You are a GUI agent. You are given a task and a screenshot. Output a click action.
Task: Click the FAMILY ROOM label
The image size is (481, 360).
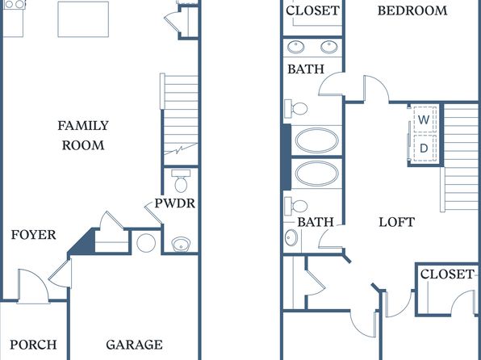coord(83,135)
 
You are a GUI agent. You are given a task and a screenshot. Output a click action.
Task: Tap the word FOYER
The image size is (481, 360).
coord(33,235)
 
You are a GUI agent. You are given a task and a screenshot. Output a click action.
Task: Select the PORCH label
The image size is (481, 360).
coord(33,345)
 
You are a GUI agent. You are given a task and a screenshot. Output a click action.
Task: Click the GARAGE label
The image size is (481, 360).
coord(134,345)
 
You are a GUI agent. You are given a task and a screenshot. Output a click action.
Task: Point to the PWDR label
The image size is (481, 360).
coord(174,203)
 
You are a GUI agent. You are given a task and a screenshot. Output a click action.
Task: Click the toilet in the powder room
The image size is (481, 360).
coord(181,181)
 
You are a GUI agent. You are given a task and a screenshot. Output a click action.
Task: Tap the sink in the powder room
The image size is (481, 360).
coord(181,244)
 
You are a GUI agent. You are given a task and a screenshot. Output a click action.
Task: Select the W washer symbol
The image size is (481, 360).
coord(424,119)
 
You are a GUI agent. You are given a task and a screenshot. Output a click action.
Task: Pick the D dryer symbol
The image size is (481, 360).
coord(424,149)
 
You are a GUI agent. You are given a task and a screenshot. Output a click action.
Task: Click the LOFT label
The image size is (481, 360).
coord(396,222)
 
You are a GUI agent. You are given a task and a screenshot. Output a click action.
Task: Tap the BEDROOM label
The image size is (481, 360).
coord(412,10)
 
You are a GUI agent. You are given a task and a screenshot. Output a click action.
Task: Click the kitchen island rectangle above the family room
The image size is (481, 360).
coord(83,19)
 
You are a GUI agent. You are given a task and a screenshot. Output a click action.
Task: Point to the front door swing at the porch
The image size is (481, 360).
coord(33,287)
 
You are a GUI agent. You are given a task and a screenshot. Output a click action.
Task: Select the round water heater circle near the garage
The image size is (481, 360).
coord(146,243)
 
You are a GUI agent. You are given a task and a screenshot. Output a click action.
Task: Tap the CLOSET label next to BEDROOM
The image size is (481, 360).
coord(312,10)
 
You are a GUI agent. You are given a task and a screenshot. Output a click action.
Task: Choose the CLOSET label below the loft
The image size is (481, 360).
coord(446,274)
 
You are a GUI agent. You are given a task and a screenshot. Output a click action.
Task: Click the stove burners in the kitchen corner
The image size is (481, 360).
coord(15,4)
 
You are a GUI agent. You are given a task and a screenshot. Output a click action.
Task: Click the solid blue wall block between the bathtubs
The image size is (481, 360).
coord(287,157)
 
